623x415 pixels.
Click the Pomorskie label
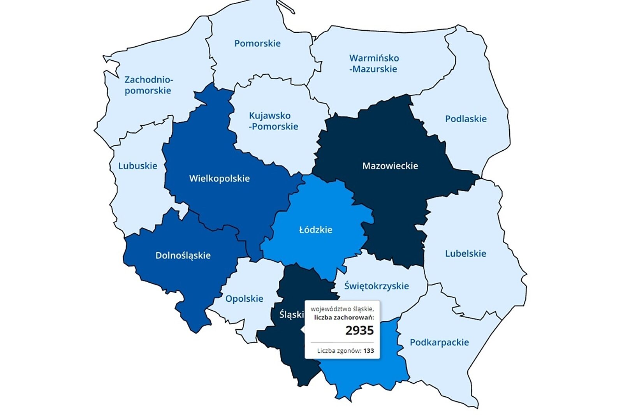click(257, 43)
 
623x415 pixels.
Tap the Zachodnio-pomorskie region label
click(148, 85)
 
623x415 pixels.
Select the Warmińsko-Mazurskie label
click(374, 63)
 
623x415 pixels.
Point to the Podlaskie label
click(466, 119)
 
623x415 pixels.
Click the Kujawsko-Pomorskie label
click(273, 121)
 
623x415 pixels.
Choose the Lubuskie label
click(137, 166)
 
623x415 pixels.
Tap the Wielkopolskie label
click(219, 179)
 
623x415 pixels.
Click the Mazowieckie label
click(390, 166)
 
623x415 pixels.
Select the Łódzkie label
click(315, 230)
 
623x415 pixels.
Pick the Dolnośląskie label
click(183, 255)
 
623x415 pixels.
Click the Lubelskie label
click(465, 254)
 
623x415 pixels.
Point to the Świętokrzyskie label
click(376, 286)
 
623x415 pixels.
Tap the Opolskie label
click(244, 299)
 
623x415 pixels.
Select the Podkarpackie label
click(439, 343)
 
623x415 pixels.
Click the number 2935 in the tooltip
click(359, 331)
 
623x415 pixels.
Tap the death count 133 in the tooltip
click(368, 351)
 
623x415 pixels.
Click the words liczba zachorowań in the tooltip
click(343, 318)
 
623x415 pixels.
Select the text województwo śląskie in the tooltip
click(342, 309)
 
